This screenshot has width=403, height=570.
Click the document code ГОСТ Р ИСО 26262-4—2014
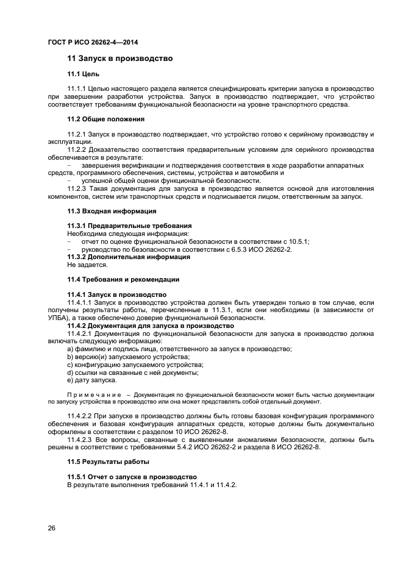(x=91, y=43)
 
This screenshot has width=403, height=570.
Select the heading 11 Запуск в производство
(x=119, y=59)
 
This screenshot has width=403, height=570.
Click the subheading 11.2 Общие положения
(x=105, y=119)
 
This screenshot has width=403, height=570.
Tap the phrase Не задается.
(x=87, y=265)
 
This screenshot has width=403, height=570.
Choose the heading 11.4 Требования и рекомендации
(x=123, y=279)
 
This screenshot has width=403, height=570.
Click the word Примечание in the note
(x=93, y=395)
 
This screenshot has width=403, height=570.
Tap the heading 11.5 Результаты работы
(x=108, y=461)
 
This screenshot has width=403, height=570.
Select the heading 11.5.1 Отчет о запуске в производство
(x=132, y=477)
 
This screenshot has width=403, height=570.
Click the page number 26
(x=51, y=528)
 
